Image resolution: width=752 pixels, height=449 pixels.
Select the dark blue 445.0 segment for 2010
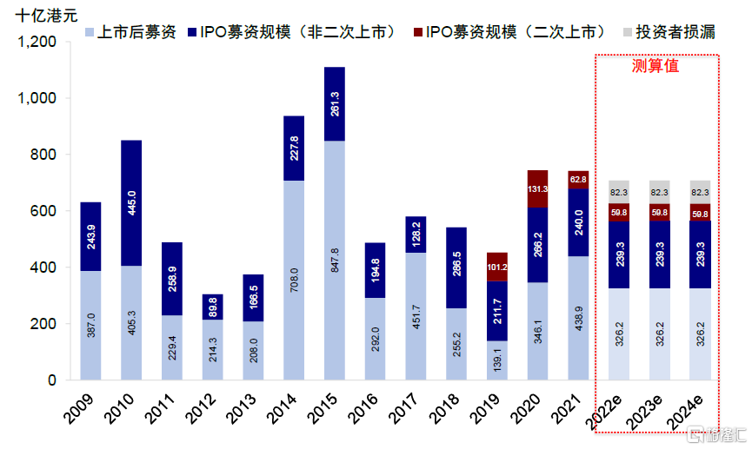[131, 202]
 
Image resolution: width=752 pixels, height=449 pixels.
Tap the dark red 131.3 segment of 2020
[538, 188]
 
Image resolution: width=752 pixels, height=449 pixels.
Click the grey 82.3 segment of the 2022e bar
[618, 192]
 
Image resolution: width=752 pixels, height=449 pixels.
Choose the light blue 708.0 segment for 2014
[294, 280]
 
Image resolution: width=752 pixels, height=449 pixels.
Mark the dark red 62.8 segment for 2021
[579, 180]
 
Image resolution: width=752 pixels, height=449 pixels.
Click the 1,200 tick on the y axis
[35, 42]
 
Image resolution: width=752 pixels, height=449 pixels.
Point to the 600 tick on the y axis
[43, 211]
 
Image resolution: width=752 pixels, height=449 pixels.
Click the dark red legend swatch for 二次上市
[417, 33]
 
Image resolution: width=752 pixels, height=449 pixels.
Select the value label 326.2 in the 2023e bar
[659, 334]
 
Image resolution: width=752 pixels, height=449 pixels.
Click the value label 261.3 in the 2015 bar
[335, 103]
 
